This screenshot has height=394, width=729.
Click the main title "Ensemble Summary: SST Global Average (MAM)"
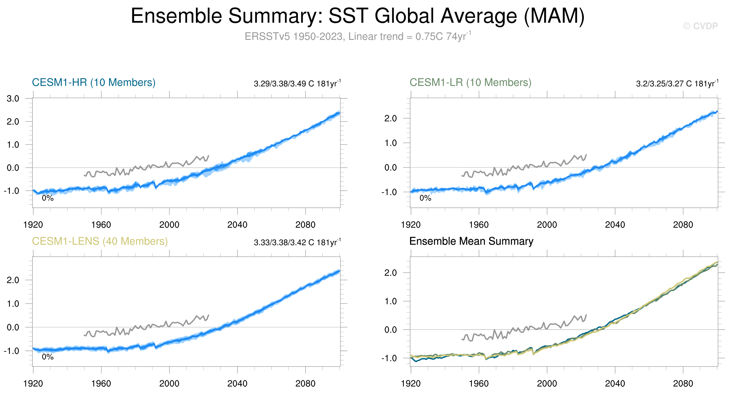pos(357,16)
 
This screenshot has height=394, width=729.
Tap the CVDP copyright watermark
pos(700,26)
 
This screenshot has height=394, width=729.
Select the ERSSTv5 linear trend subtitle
pos(358,36)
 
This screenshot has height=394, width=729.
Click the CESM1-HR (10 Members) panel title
pos(94,83)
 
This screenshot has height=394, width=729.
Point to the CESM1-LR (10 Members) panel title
pos(470,83)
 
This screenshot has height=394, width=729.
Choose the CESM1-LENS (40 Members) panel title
pos(100,241)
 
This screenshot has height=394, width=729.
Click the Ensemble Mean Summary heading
pos(471,241)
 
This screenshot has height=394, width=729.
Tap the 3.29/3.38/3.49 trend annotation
pos(297,84)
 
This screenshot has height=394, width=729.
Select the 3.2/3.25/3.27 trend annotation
pos(677,84)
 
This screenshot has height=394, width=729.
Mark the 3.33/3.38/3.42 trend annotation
pos(297,243)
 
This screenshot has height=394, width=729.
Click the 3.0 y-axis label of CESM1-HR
pos(13,99)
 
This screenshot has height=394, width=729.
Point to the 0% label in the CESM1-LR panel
pos(425,198)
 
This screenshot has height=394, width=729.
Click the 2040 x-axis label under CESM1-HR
pos(237,225)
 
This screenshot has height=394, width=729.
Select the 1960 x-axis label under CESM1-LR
pos(479,225)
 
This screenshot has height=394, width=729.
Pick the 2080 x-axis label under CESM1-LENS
pos(305,384)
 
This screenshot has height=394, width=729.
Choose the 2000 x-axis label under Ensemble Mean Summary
pos(547,384)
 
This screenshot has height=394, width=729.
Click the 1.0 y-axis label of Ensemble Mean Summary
pos(391,301)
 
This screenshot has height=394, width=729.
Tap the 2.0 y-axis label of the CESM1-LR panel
pos(391,119)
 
